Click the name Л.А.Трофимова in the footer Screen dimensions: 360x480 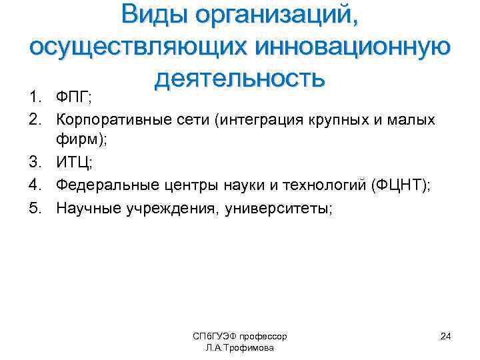239,348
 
